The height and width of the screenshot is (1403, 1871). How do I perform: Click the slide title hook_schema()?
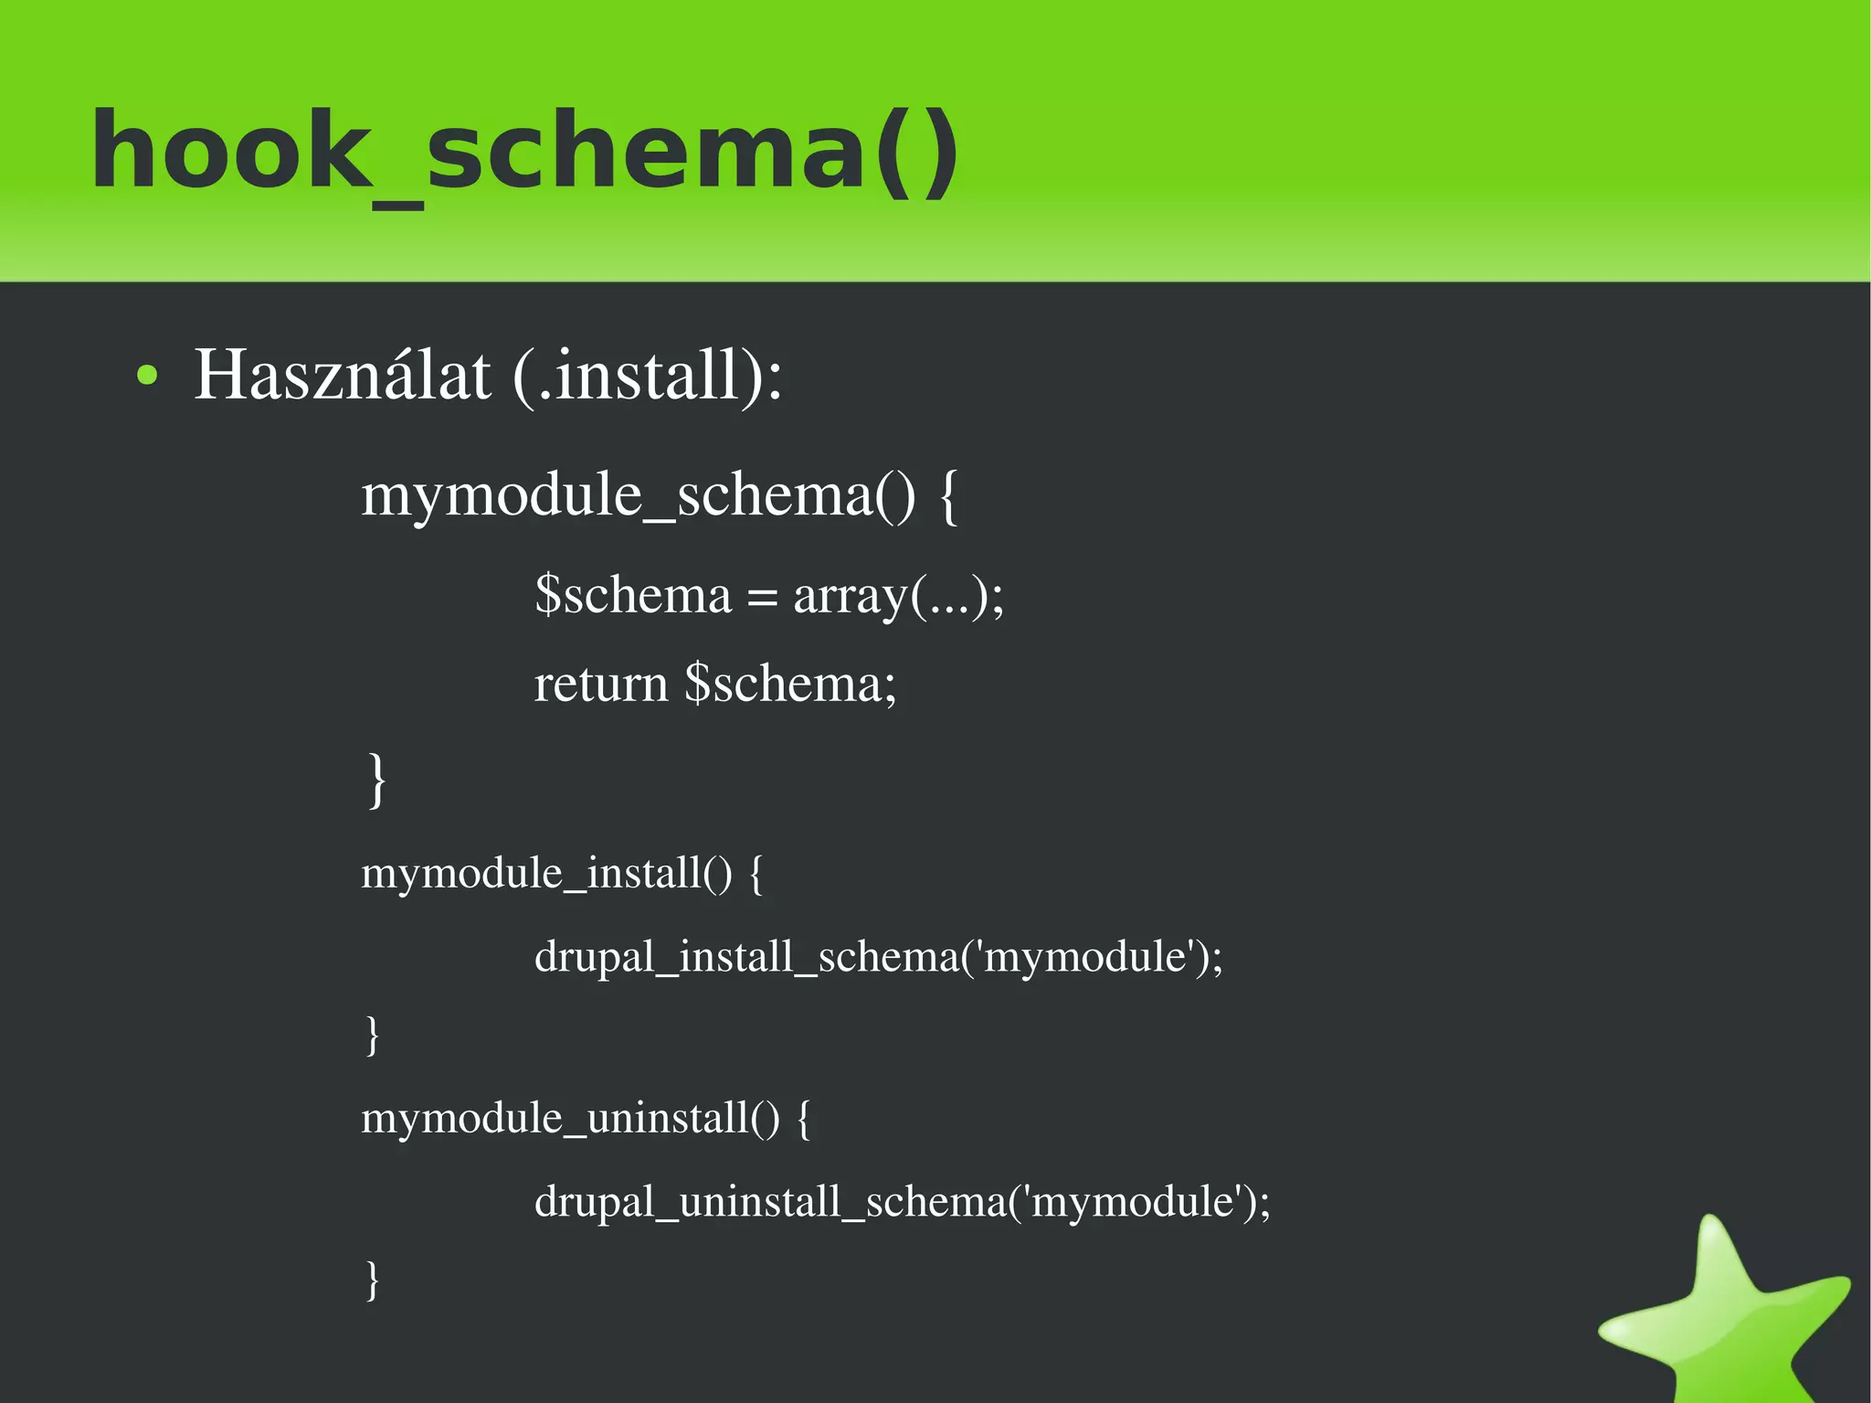coord(525,151)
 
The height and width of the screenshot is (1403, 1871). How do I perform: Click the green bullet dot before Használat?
coord(146,376)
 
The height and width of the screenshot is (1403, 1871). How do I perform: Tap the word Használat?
coord(343,375)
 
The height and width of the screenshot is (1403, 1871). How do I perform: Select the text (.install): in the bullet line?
coord(647,376)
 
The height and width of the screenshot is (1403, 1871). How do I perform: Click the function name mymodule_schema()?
coord(638,495)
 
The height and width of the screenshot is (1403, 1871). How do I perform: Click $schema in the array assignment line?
coord(633,595)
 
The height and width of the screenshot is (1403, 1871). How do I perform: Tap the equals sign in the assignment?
coord(762,599)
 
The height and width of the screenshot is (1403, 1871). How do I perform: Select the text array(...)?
coord(898,596)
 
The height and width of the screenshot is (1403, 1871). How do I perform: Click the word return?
coord(600,685)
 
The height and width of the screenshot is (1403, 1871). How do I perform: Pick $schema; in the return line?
coord(790,685)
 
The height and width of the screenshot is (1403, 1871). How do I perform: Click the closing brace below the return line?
coord(375,780)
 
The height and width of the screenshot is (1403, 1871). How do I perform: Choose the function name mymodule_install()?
coord(546,873)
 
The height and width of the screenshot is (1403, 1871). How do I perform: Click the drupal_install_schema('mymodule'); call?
coord(878,957)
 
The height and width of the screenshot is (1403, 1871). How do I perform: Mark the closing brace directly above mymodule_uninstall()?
coord(372,1035)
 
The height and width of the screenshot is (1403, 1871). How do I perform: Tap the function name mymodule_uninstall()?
coord(570,1118)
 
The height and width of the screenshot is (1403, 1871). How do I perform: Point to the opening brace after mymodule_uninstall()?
coord(803,1119)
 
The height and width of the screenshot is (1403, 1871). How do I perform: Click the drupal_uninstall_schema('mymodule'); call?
coord(902,1201)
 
